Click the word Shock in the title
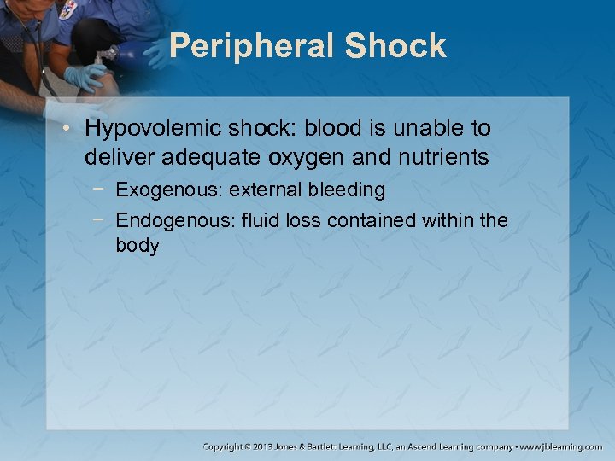tap(395, 46)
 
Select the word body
tap(138, 246)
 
